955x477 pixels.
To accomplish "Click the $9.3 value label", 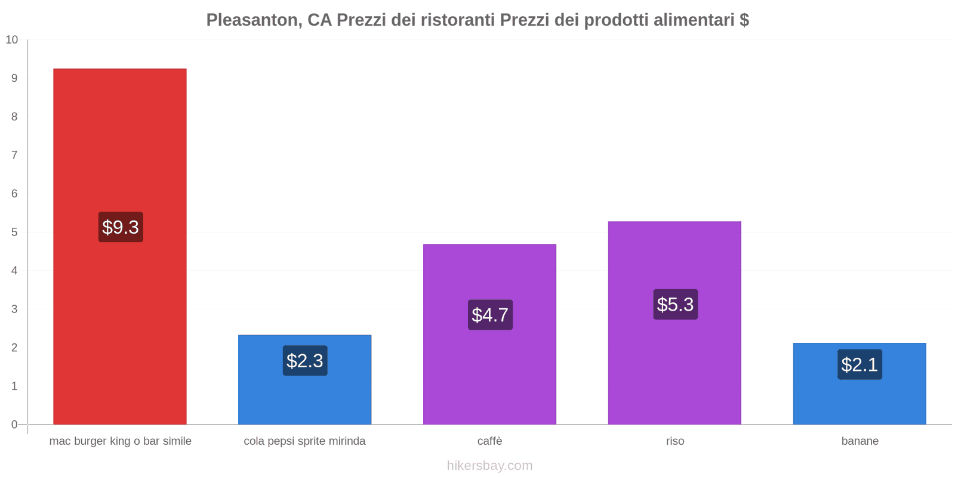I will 121,227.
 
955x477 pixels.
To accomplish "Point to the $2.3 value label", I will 305,361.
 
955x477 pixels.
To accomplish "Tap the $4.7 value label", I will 490,315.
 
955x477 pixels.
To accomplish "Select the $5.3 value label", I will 675,305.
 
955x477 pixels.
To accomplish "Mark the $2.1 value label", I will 860,364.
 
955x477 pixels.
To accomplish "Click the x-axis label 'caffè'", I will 489,441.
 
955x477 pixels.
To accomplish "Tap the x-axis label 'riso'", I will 675,441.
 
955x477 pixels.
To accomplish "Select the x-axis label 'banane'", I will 860,441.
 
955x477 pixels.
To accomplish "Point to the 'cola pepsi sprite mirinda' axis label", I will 304,441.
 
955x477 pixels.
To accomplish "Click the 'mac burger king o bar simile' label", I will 120,441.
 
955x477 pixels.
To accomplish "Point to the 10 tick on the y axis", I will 12,40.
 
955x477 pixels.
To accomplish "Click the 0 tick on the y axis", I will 14,425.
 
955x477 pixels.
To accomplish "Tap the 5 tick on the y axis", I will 14,232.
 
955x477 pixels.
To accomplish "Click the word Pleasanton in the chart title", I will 253,20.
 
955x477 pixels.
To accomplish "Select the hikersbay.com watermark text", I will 489,466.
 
